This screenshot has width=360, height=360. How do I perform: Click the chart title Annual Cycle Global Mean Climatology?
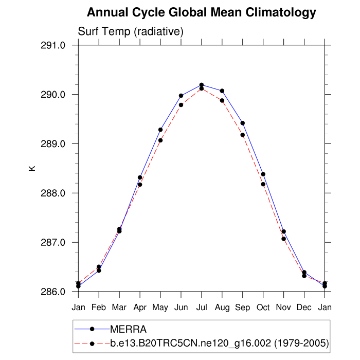click(202, 12)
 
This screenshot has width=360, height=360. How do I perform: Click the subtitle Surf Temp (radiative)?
click(131, 32)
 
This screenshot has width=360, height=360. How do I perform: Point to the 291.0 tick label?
click(53, 45)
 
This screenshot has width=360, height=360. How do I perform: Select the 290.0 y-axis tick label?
click(53, 95)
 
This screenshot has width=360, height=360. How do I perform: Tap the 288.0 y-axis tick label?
click(53, 193)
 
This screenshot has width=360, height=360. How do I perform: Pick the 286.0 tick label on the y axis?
click(53, 292)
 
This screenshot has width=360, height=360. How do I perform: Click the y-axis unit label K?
click(32, 168)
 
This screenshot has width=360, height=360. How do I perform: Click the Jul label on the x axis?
click(202, 307)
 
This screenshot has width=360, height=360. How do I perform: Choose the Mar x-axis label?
click(119, 307)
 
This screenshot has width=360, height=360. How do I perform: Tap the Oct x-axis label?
click(263, 307)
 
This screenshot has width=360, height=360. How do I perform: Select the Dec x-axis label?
click(304, 307)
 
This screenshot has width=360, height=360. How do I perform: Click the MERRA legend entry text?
click(129, 329)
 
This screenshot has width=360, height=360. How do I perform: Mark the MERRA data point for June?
click(181, 96)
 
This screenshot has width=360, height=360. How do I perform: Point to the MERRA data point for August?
click(222, 91)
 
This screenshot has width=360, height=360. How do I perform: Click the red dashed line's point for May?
click(160, 140)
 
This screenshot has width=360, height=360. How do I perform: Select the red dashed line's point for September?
click(243, 135)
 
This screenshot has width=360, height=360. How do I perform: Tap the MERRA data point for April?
click(140, 177)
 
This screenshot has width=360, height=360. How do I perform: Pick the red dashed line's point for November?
click(284, 239)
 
